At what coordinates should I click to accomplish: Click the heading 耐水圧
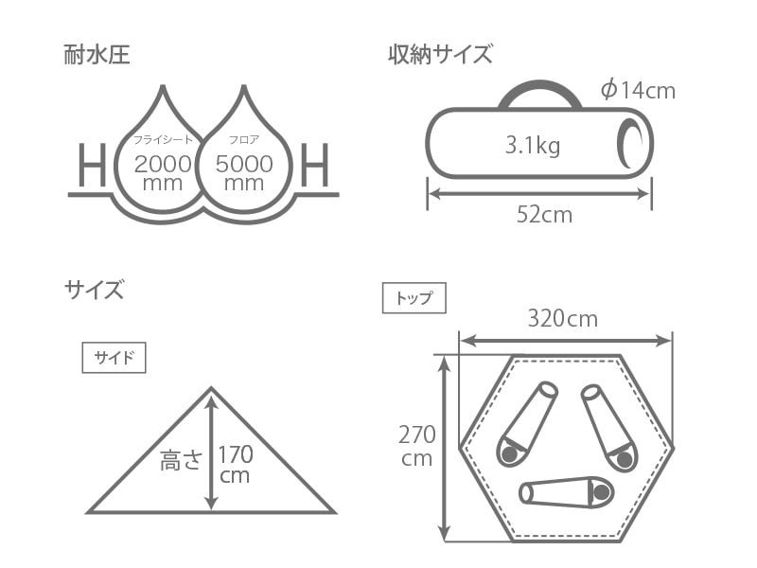coord(97,55)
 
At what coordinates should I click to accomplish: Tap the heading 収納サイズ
coord(440,54)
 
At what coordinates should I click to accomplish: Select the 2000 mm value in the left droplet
coord(163,172)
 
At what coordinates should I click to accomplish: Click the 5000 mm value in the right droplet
coord(244,172)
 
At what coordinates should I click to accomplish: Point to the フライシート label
coord(163,139)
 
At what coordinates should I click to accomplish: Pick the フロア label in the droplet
coord(244,139)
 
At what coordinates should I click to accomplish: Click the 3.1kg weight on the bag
coord(533,145)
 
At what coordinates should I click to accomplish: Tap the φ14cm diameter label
coord(638,90)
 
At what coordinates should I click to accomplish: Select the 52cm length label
coord(545,215)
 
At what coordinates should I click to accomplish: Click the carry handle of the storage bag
coord(539,86)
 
